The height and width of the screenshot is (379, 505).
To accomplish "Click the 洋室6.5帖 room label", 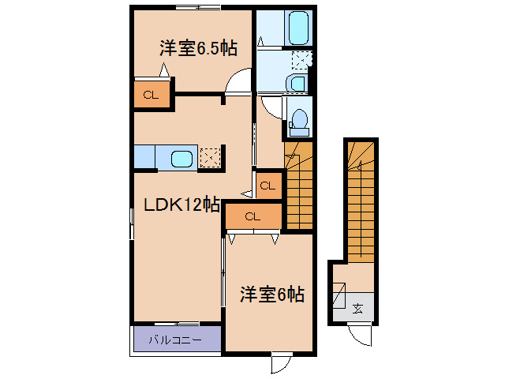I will [x=198, y=48].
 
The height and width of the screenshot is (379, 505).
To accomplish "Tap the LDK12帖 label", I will [x=181, y=205].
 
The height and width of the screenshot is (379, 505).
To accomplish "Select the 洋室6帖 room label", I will [x=271, y=295].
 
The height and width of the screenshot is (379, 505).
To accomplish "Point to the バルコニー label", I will [x=176, y=340].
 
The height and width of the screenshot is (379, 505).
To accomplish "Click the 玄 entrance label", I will [x=357, y=309].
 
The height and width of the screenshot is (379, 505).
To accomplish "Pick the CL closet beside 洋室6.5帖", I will [x=151, y=95].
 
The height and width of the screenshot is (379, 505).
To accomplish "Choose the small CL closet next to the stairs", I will [x=267, y=186].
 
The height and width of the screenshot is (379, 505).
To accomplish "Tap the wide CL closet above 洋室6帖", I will [x=252, y=216].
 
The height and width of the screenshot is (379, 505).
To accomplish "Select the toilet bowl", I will [x=298, y=118].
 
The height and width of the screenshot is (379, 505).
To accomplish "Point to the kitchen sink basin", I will [x=182, y=158].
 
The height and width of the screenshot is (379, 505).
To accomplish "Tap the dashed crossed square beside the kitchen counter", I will [x=209, y=157].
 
